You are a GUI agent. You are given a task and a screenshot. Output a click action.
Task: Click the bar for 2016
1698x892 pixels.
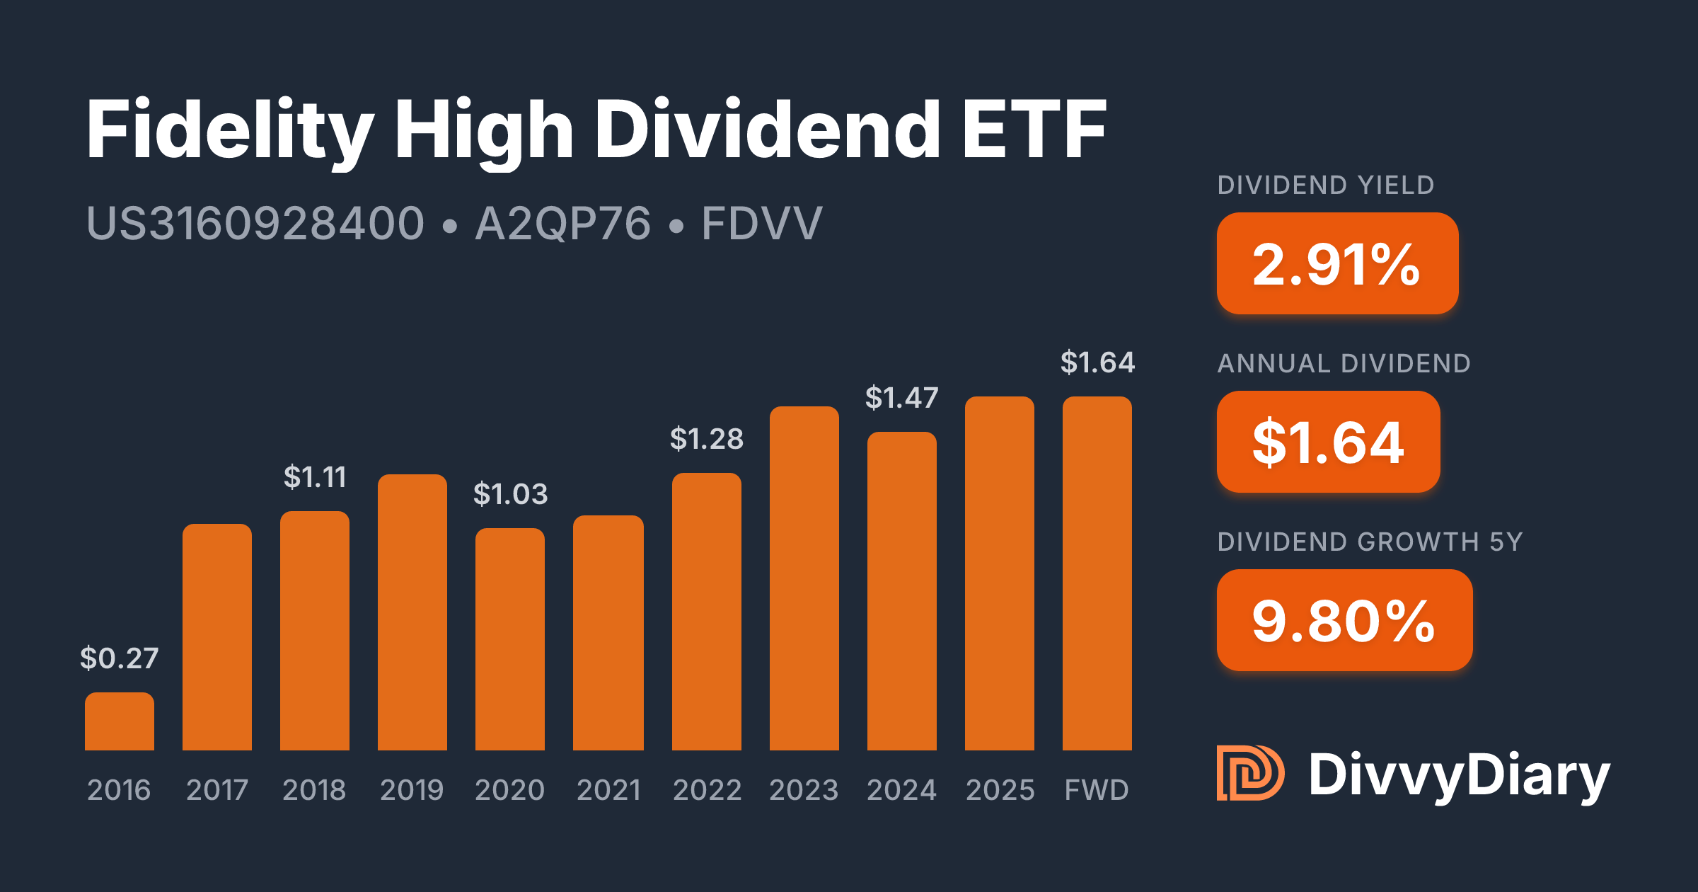(120, 721)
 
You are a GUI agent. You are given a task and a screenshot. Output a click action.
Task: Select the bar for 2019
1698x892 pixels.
(412, 612)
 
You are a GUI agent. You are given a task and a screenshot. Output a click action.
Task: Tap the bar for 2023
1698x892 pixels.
(804, 578)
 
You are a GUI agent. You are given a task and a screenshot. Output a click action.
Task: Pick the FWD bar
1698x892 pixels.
(1097, 573)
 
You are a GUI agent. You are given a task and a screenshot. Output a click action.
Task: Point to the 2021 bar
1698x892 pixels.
(608, 633)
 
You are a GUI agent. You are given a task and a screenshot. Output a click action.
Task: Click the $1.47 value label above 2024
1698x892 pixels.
(902, 398)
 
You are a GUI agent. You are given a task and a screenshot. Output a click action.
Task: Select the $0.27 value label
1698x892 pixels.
(120, 658)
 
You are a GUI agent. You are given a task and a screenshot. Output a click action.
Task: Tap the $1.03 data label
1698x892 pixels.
(510, 494)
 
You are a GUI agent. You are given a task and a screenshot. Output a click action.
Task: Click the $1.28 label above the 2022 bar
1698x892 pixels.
(707, 439)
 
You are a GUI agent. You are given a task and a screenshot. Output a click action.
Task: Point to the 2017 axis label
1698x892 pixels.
(217, 790)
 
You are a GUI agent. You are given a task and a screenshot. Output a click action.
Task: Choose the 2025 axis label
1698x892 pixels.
(1000, 790)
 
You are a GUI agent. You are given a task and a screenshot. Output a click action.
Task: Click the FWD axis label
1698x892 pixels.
(1097, 790)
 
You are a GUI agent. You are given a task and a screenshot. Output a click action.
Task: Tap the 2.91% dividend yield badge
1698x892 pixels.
(1337, 263)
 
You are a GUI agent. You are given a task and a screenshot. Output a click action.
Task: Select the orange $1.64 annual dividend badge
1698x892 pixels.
(1328, 442)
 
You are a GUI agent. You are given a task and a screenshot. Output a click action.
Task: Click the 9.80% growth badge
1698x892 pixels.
(1344, 620)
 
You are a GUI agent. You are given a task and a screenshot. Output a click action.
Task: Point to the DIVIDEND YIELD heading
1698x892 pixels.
(1326, 185)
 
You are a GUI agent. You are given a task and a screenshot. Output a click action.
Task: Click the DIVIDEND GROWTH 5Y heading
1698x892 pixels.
(1370, 542)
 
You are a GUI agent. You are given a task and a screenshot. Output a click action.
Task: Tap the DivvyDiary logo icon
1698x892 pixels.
(1249, 773)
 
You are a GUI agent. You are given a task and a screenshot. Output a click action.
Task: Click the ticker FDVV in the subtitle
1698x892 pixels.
(762, 224)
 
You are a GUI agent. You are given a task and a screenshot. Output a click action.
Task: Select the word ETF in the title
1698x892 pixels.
(1034, 130)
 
